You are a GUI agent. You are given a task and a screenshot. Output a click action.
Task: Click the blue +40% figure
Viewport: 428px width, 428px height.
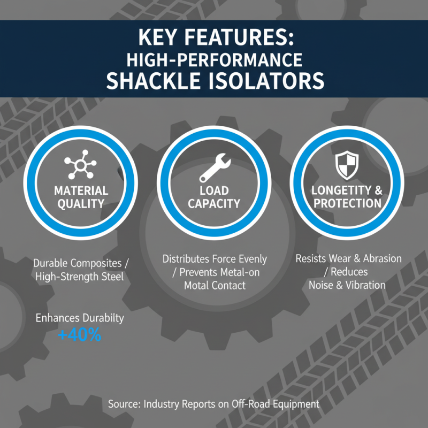click(79, 335)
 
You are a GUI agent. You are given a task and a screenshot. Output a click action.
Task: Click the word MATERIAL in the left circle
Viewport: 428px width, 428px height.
click(80, 191)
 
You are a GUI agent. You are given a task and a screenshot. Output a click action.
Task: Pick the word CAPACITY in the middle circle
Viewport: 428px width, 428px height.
click(214, 204)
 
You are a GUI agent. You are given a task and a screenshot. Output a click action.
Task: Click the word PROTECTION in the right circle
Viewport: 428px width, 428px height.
click(347, 203)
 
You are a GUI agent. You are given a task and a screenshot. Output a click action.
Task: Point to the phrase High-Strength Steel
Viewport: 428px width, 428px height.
click(80, 276)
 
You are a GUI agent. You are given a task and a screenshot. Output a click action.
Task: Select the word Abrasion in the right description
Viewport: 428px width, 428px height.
click(380, 259)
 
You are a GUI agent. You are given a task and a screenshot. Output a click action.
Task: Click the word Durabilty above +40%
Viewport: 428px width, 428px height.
click(102, 318)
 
